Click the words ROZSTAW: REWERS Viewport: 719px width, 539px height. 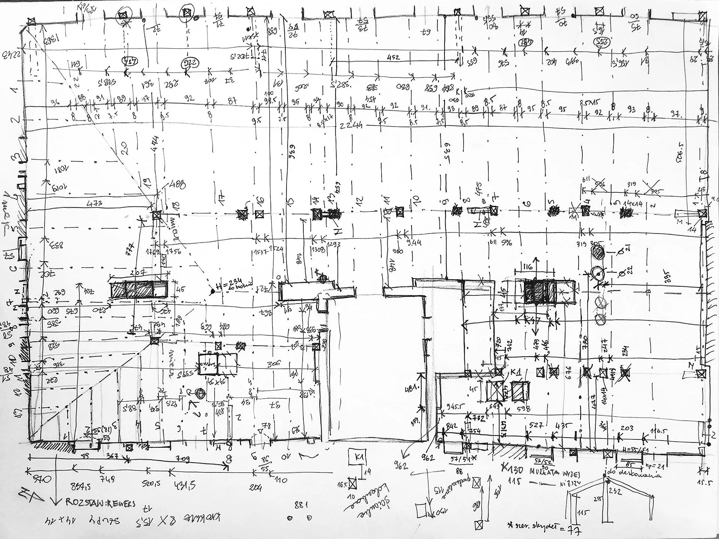pos(100,502)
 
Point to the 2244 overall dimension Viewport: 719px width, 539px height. pos(351,126)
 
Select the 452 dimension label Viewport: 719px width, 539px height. pos(393,57)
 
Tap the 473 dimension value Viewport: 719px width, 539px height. pos(94,204)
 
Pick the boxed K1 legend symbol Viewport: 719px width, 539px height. pos(360,457)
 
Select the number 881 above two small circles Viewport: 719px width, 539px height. pos(301,505)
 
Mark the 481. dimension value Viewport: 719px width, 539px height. pos(411,390)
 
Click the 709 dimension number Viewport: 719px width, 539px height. pos(183,459)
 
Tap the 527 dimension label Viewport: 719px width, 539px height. pos(536,425)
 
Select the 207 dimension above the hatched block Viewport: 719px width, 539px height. pos(138,272)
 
